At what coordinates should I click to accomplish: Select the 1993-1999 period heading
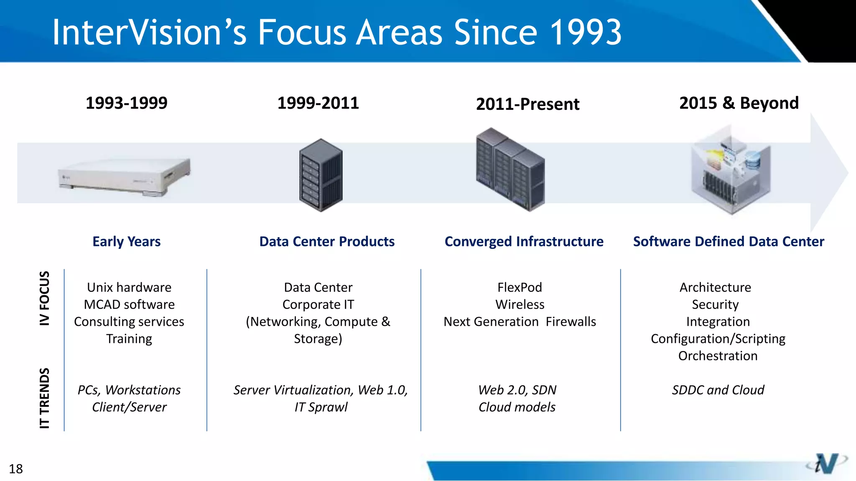(x=126, y=103)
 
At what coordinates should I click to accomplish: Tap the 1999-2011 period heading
(x=318, y=103)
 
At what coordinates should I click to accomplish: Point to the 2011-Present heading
(x=527, y=104)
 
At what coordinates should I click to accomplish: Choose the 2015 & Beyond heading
(x=739, y=103)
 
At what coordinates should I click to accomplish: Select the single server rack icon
(x=321, y=175)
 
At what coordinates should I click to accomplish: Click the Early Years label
(x=126, y=242)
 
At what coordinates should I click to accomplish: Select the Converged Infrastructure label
(x=524, y=242)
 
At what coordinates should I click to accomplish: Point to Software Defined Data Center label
(x=729, y=242)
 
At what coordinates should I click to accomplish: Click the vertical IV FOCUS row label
(x=44, y=298)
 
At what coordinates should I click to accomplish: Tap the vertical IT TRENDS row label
(x=44, y=398)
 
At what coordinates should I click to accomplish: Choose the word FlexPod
(x=520, y=288)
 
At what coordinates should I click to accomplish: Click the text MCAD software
(x=129, y=305)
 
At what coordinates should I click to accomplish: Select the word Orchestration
(x=718, y=356)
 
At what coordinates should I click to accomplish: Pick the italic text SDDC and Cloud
(x=718, y=390)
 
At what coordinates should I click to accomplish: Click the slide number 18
(x=16, y=469)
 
